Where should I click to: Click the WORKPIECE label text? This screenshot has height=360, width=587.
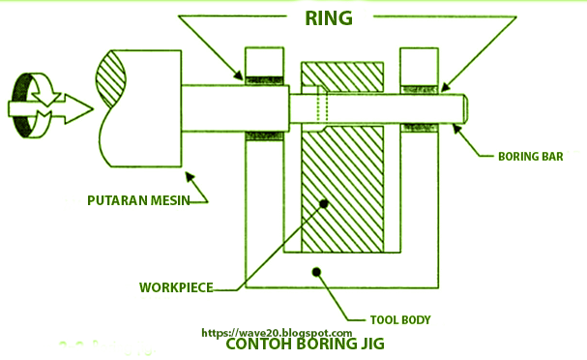(175, 287)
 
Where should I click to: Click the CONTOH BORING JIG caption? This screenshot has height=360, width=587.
(305, 345)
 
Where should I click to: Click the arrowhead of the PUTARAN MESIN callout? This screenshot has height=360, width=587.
(188, 176)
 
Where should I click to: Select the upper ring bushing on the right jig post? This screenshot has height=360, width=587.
(419, 80)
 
